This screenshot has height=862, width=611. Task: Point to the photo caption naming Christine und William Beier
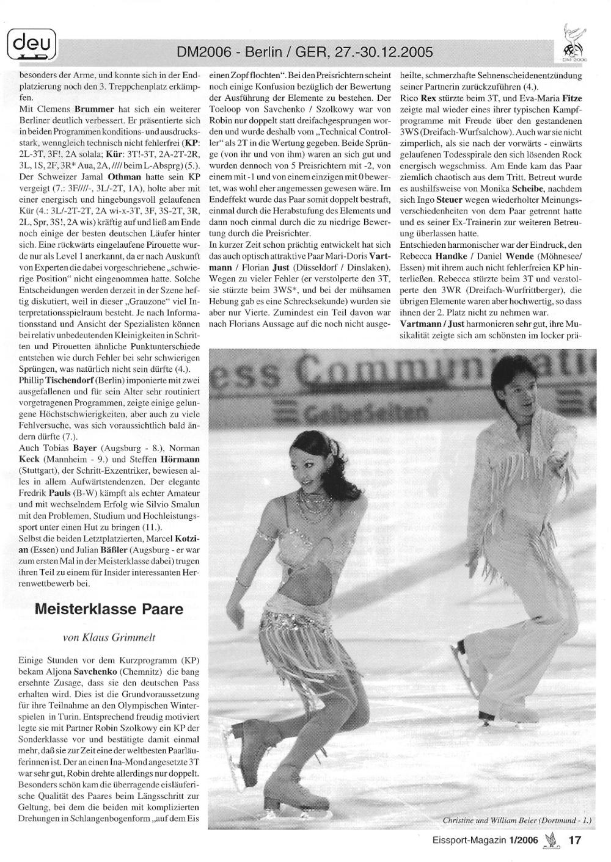[x=519, y=819]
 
